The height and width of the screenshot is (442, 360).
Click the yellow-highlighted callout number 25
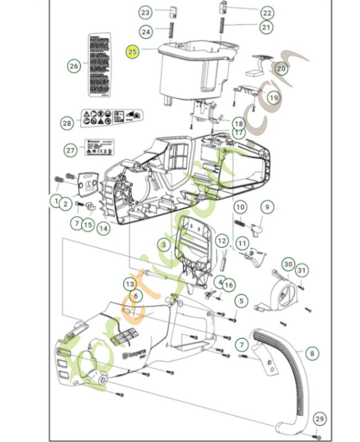click(133, 51)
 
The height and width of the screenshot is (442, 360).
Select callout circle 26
click(73, 66)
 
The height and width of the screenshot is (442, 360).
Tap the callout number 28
click(67, 123)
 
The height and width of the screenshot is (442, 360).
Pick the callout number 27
click(70, 150)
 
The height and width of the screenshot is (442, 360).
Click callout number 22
click(267, 12)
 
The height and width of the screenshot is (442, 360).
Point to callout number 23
click(145, 12)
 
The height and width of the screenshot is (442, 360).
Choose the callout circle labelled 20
click(281, 69)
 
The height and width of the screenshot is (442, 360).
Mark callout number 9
click(267, 207)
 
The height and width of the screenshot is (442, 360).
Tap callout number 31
click(301, 270)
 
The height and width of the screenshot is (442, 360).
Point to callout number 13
click(130, 284)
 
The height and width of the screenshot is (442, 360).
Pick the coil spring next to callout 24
click(170, 31)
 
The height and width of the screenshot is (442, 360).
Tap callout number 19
click(273, 97)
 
